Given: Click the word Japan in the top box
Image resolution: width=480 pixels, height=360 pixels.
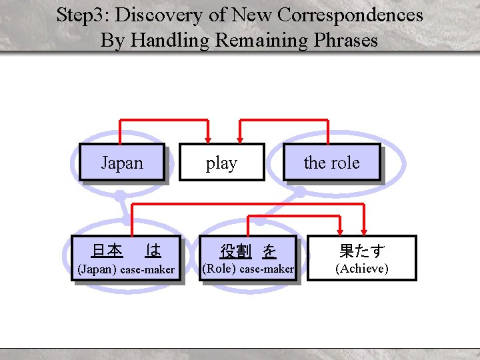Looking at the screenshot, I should pos(122,163).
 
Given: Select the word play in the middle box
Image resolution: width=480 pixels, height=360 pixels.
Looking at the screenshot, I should pos(221,163).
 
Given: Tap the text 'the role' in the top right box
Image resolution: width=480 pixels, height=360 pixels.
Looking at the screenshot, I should pos(331,163).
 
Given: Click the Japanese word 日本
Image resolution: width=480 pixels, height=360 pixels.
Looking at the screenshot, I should pos(107,251).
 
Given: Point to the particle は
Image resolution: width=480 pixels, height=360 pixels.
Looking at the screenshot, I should pos(153,251).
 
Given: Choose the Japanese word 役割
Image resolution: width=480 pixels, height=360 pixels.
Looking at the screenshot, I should pos(235,251).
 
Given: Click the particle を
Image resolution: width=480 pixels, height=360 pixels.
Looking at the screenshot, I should pos(269,251).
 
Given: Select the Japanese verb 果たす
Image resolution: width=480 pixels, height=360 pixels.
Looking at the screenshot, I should pos(362,251).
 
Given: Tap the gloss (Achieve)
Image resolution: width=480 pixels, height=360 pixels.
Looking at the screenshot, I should pos(362,269).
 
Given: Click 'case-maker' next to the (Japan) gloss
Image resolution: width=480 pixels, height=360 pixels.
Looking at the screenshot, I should pos(147,270).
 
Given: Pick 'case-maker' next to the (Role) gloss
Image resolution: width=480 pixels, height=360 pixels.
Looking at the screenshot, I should pos(267,269).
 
